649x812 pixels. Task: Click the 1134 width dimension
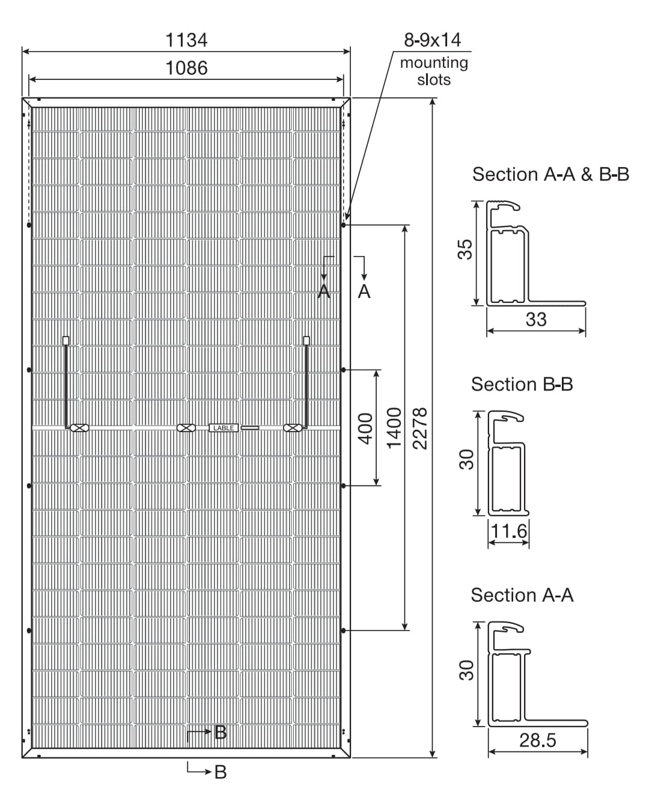186,40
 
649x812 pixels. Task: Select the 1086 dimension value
186,69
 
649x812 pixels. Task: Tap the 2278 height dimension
419,429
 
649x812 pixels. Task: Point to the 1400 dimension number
394,428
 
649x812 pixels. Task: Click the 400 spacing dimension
365,429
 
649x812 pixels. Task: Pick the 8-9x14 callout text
433,40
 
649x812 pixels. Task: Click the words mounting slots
434,71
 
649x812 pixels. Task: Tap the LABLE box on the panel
224,428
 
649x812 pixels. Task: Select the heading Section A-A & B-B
550,174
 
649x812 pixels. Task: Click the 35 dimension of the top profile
465,249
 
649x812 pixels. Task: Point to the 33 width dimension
536,319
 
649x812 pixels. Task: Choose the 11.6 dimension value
508,531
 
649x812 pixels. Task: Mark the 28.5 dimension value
538,740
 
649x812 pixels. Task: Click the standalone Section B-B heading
522,384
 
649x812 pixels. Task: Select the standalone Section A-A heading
522,595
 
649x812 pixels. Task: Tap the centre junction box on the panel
186,428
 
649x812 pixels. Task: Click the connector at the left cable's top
66,340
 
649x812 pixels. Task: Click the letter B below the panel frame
221,772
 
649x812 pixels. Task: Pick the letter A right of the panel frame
364,292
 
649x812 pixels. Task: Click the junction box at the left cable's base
79,428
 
